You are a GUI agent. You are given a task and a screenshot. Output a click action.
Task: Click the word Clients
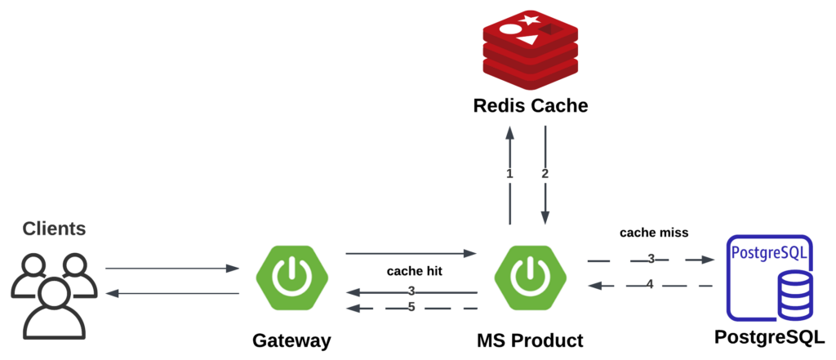click(54, 229)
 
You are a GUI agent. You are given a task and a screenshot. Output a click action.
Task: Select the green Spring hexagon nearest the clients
click(291, 278)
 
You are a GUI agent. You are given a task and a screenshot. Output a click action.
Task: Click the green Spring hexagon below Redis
click(531, 278)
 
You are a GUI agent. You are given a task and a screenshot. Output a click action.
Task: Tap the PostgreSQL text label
click(770, 251)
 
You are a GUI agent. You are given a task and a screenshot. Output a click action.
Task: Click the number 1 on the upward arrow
click(510, 174)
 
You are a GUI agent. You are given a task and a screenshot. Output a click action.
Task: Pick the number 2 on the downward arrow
click(545, 174)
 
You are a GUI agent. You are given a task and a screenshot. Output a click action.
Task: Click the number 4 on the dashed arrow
click(651, 285)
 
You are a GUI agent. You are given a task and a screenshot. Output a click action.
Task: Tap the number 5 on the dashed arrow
click(411, 308)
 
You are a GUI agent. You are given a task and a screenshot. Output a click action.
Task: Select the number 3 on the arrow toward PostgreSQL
click(651, 260)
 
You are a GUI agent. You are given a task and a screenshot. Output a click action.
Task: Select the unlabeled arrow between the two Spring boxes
click(411, 253)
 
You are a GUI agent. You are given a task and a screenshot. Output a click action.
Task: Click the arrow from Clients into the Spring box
click(171, 268)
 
